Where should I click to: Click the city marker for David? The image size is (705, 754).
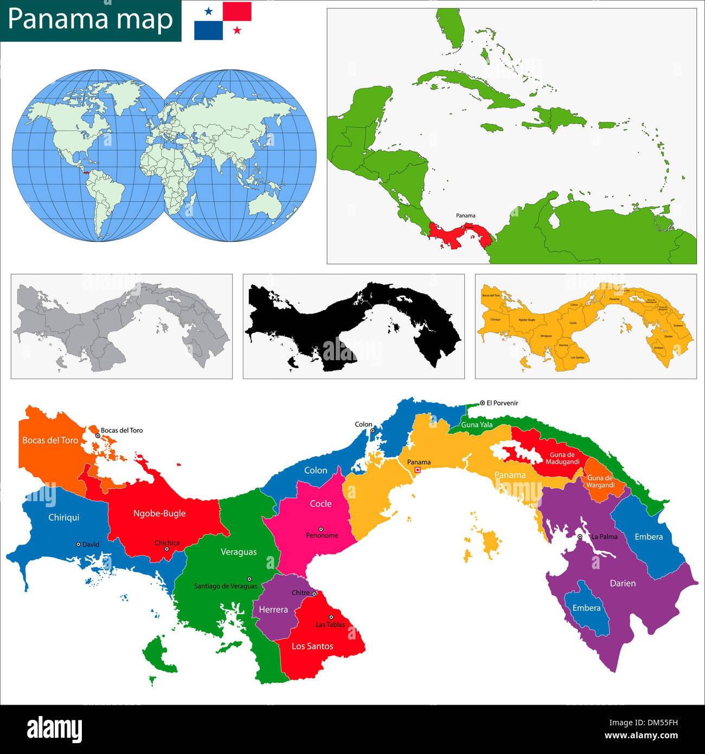pyautogui.click(x=79, y=544)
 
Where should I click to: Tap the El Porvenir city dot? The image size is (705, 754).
pyautogui.click(x=482, y=403)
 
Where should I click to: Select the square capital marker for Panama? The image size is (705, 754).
pyautogui.click(x=418, y=470)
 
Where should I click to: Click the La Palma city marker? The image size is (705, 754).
pyautogui.click(x=580, y=536)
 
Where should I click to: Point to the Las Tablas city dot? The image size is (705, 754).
pyautogui.click(x=331, y=617)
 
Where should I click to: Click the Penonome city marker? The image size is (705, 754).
pyautogui.click(x=321, y=529)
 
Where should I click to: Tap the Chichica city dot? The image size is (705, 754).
pyautogui.click(x=166, y=549)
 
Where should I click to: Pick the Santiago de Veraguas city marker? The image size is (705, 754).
pyautogui.click(x=249, y=579)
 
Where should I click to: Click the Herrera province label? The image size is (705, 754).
pyautogui.click(x=273, y=610)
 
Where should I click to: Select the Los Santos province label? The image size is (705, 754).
pyautogui.click(x=312, y=646)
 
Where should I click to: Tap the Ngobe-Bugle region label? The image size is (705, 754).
pyautogui.click(x=159, y=513)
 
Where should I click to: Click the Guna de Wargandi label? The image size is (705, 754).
pyautogui.click(x=600, y=482)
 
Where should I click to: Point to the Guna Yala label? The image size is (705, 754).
pyautogui.click(x=477, y=425)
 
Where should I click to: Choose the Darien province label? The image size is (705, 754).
pyautogui.click(x=623, y=583)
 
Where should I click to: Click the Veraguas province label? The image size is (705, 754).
pyautogui.click(x=239, y=552)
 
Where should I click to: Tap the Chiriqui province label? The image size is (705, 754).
pyautogui.click(x=64, y=517)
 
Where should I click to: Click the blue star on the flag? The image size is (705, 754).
pyautogui.click(x=208, y=11)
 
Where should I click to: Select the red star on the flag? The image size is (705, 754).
pyautogui.click(x=237, y=30)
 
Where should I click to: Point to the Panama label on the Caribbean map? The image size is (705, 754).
pyautogui.click(x=465, y=215)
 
